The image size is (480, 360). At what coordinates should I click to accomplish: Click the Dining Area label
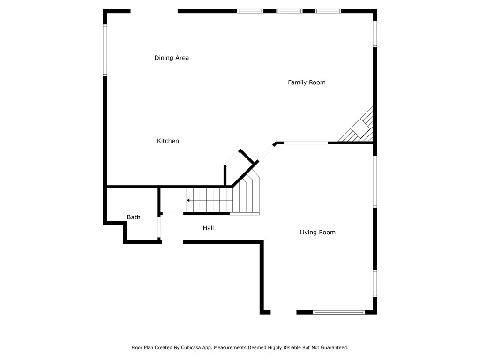click(172, 58)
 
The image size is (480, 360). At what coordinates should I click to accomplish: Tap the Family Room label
click(307, 82)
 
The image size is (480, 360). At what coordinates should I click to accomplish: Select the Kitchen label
click(168, 141)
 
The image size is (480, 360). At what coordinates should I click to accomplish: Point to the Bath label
click(134, 217)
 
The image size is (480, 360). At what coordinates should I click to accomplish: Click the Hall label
click(208, 228)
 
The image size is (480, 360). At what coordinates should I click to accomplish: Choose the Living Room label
click(317, 232)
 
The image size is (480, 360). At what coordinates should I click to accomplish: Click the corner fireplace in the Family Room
click(360, 127)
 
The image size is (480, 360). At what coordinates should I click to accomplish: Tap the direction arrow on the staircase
click(188, 200)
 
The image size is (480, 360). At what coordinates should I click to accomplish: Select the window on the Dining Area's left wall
click(105, 50)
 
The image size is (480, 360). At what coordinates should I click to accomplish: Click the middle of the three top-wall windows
click(289, 11)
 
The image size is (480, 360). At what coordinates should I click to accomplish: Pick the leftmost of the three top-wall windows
click(250, 11)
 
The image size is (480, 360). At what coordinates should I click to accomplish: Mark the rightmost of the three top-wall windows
click(328, 11)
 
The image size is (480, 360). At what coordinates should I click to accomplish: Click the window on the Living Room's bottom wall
click(338, 312)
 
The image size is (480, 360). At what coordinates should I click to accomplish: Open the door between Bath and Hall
click(159, 227)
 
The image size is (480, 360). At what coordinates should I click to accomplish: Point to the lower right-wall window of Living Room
click(375, 283)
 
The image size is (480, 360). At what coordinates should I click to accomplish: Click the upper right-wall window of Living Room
click(375, 181)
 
